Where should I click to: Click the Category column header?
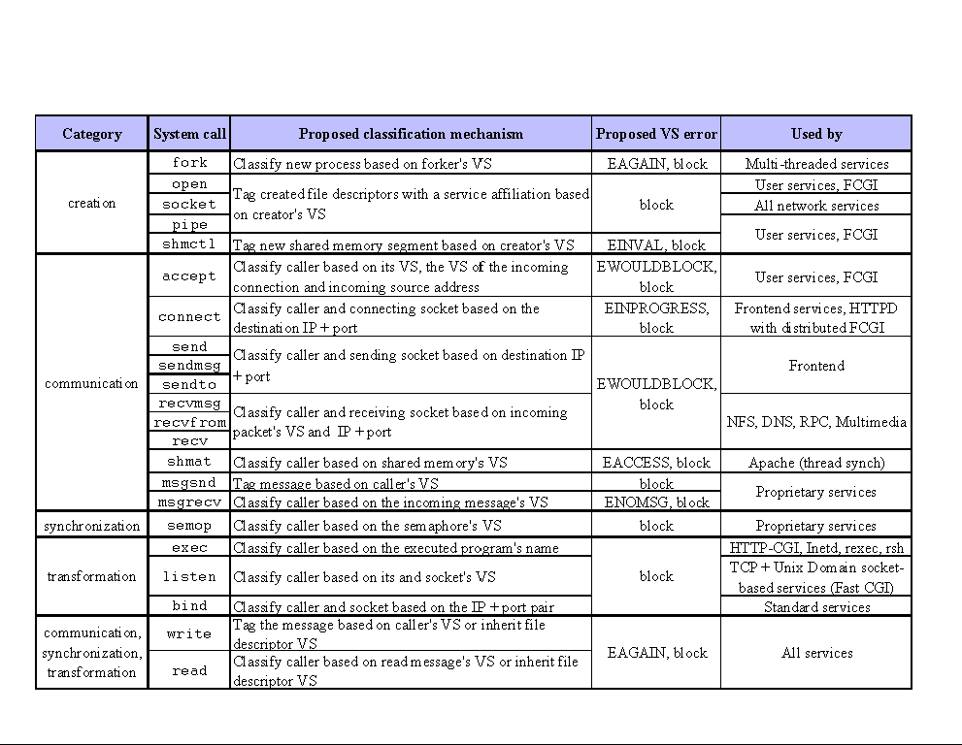point(92,134)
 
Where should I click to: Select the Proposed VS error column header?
point(656,134)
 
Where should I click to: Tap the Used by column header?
point(816,134)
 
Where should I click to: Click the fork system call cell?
point(189,163)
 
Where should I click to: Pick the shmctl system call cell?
point(189,244)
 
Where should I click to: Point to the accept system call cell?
point(189,276)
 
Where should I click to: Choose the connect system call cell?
point(189,317)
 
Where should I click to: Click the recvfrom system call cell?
point(189,423)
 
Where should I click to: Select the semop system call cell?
point(189,526)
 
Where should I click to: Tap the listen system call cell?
point(189,576)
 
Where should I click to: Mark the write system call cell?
point(189,633)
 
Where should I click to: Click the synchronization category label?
point(92,526)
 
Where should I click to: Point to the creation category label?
point(92,203)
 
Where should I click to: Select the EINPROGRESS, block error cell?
point(656,317)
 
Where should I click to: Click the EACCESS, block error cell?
point(656,463)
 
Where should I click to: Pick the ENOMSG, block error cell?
point(656,502)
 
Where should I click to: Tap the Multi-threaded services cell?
point(816,164)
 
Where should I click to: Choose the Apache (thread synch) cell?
point(816,463)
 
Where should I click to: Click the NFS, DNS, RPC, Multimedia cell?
point(816,422)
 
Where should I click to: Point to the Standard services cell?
point(816,607)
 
